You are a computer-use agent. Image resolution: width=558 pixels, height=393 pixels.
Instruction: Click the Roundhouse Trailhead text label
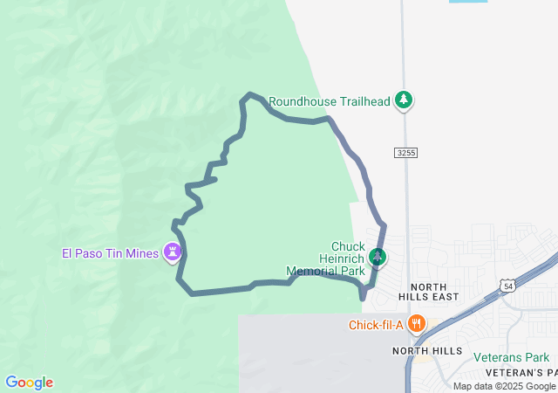[329, 101]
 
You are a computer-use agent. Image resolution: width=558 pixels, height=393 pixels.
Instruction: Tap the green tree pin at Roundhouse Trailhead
[403, 100]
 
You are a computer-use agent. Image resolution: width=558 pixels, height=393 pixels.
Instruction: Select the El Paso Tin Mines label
[110, 254]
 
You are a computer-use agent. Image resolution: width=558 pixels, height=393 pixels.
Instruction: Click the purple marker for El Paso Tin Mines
[174, 253]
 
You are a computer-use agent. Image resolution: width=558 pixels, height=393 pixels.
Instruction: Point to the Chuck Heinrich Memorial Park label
[326, 259]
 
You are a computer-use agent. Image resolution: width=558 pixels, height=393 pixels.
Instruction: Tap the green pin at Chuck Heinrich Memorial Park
[378, 257]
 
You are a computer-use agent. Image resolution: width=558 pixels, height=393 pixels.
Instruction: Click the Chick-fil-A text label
[376, 326]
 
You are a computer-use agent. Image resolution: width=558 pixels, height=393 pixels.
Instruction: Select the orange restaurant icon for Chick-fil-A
[418, 324]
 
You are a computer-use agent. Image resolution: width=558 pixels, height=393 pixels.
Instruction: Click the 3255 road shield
[406, 153]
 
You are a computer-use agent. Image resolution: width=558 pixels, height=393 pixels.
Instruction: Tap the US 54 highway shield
[507, 286]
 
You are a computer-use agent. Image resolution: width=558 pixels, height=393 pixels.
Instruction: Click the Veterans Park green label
[512, 357]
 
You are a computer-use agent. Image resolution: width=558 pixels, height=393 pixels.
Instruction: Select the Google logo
[29, 383]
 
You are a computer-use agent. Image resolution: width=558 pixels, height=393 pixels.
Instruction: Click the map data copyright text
[504, 386]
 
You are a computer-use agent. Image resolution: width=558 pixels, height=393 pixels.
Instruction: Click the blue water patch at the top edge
[468, 2]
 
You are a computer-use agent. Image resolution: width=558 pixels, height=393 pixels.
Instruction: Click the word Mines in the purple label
[143, 254]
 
